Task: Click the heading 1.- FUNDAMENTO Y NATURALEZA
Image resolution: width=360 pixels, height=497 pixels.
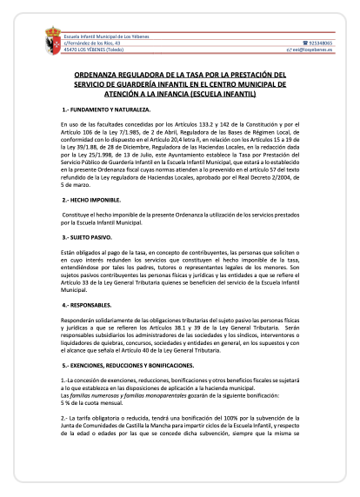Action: click(106, 113)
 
